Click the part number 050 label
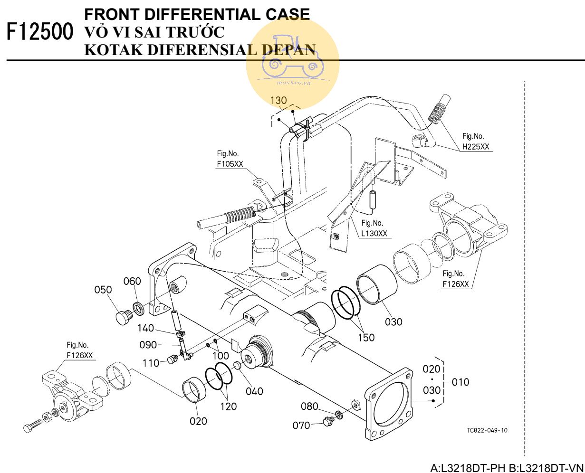[x=103, y=290]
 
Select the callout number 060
[x=133, y=281]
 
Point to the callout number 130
[x=278, y=100]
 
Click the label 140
[x=146, y=328]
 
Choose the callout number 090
[x=148, y=344]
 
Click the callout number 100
[x=221, y=355]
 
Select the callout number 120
[x=228, y=407]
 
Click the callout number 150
[x=366, y=337]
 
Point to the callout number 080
[x=309, y=406]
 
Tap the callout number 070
[x=301, y=425]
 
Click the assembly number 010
[x=460, y=382]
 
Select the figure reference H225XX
[x=476, y=147]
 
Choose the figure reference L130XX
[x=374, y=234]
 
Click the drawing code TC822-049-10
[x=487, y=430]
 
